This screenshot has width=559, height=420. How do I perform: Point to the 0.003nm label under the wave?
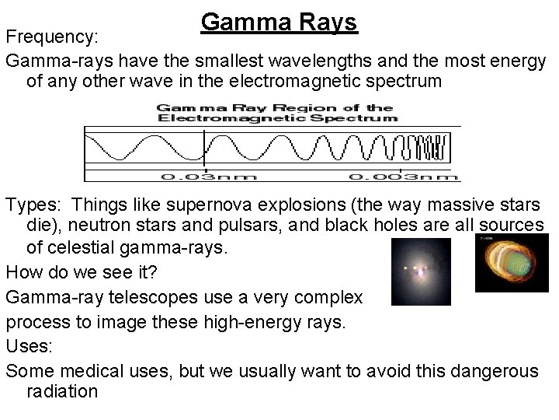(x=411, y=177)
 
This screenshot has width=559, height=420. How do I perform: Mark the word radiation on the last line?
(x=62, y=392)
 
